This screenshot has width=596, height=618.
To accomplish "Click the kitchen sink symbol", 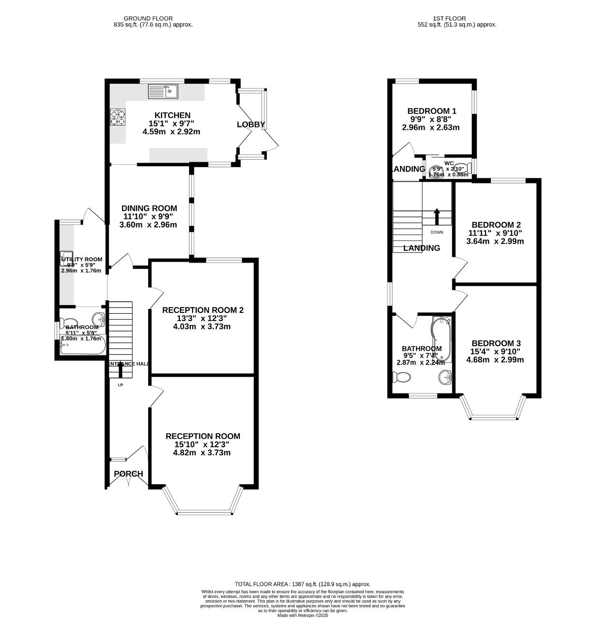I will [x=163, y=91].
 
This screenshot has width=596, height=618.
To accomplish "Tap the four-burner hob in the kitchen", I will [x=117, y=117].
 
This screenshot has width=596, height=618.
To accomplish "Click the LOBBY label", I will [x=251, y=125].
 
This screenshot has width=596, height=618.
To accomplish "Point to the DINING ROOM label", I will [x=149, y=208].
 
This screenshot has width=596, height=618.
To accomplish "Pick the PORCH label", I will [x=128, y=474].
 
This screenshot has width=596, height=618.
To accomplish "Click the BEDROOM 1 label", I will [x=431, y=111].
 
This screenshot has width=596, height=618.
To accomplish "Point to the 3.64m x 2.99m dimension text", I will [x=495, y=241].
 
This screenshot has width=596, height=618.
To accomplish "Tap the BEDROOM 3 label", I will [x=496, y=343].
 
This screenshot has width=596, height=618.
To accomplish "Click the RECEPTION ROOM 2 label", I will [x=203, y=310].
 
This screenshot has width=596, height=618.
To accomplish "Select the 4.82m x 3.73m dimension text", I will [x=202, y=452].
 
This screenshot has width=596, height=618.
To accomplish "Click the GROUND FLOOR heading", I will [x=148, y=18].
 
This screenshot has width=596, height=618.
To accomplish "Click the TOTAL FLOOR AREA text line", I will [x=303, y=584].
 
